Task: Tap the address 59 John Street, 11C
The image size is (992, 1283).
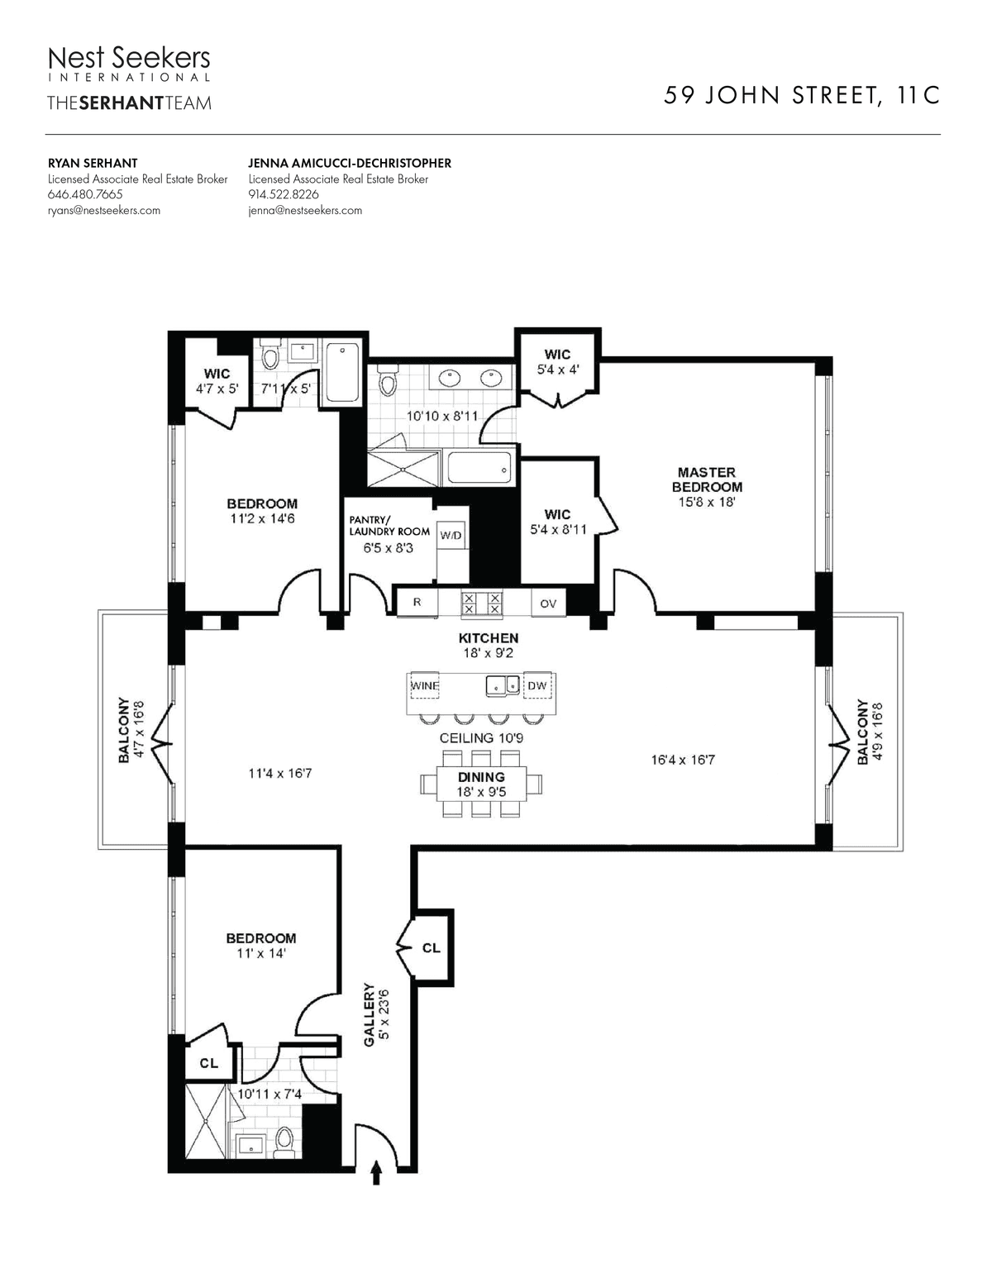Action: tap(801, 96)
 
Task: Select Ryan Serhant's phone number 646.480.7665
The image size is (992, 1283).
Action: tap(85, 194)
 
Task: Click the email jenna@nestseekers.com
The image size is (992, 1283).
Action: tap(305, 210)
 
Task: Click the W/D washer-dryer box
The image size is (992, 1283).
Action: tap(451, 536)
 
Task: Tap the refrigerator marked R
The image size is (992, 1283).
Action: tap(417, 603)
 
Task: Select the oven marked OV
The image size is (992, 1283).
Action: tap(548, 603)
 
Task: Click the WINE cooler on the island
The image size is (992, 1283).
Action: tap(425, 685)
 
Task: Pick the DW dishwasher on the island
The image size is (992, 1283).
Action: tap(537, 685)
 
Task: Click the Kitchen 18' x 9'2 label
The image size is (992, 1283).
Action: tap(489, 645)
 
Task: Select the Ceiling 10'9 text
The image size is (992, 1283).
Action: tap(481, 738)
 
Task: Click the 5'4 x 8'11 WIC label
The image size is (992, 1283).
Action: tap(558, 522)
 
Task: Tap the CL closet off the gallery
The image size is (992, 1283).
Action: tap(431, 947)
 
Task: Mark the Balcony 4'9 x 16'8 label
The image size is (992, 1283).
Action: tap(870, 732)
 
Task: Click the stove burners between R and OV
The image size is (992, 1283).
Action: tap(482, 603)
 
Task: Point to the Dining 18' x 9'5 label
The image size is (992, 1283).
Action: tap(482, 784)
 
